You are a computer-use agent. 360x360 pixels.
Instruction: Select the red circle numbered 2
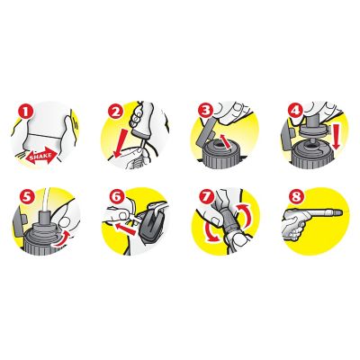pos(115,112)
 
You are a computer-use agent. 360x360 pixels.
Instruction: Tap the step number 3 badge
pos(205,111)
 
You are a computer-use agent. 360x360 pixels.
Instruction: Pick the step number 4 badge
pos(295,111)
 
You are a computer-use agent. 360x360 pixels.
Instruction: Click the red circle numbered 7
pos(207,196)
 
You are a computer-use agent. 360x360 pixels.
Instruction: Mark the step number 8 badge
pos(296,196)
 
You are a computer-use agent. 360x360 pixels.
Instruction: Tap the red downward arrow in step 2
pos(121,143)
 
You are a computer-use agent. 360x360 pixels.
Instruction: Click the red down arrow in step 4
pos(337,135)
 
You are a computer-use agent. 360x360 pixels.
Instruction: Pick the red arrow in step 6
pos(126,229)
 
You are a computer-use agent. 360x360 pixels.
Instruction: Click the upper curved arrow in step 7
pos(244,215)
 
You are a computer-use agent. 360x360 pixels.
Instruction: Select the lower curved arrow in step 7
pos(208,231)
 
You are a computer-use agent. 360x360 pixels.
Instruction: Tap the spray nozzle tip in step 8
pos(338,212)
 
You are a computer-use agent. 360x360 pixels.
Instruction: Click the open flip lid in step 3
pos(206,132)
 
